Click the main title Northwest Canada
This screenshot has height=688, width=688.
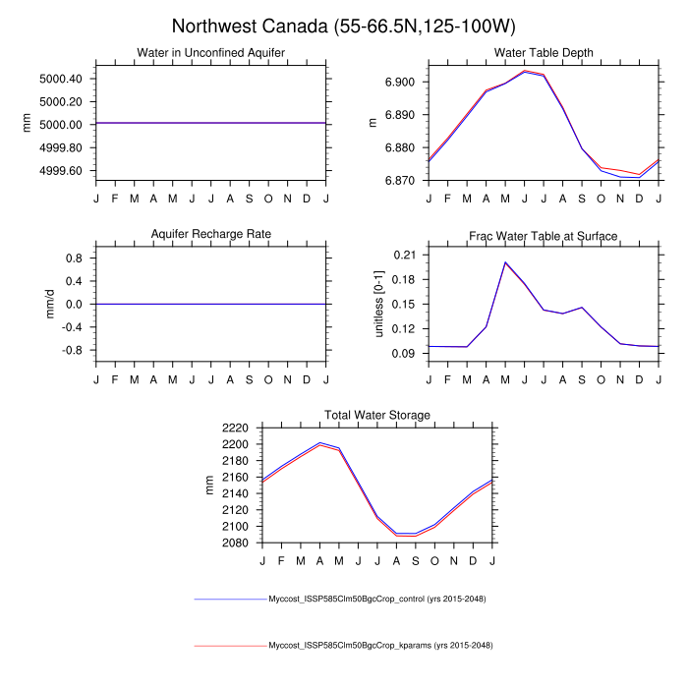click(343, 26)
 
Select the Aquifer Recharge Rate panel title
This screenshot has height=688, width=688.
click(211, 234)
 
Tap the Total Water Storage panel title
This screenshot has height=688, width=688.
click(377, 416)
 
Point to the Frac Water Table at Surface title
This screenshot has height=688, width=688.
click(544, 236)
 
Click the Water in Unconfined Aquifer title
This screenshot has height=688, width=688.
click(211, 53)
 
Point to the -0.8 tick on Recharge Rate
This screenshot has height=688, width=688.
click(73, 350)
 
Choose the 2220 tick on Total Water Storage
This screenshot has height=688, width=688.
click(236, 429)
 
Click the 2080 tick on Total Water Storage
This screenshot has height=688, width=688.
click(236, 543)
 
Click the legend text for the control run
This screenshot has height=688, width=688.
click(378, 599)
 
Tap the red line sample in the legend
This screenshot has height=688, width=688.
click(231, 646)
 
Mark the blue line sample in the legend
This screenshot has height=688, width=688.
click(231, 599)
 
